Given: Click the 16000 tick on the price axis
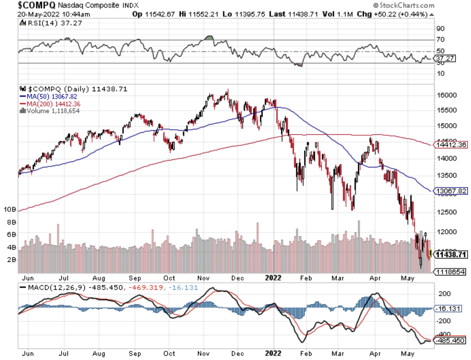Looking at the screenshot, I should tap(446, 96).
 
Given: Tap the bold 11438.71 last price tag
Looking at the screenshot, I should tap(451, 255).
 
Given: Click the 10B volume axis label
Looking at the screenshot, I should tap(10, 209).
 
